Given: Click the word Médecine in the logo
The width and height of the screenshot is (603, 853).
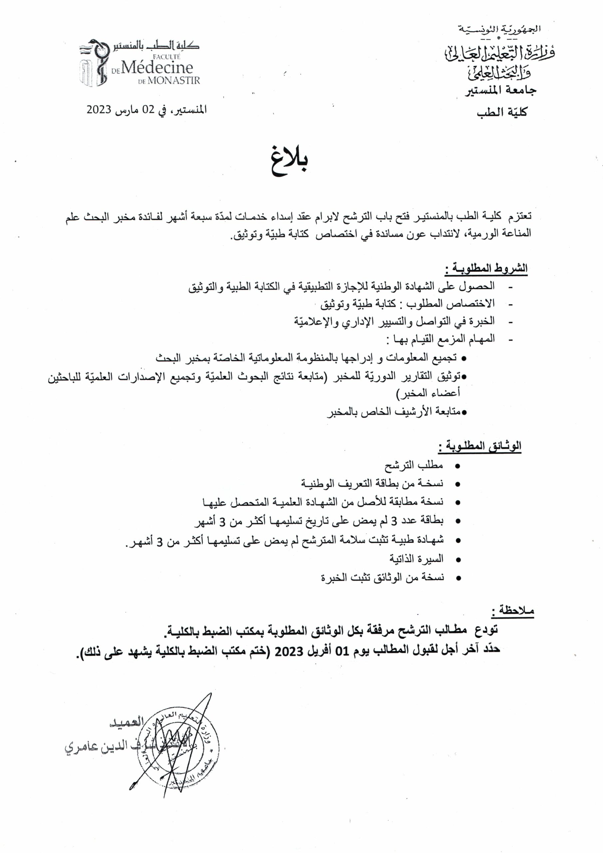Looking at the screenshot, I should tap(157, 68).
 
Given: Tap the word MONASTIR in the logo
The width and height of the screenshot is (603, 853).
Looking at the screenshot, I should tap(174, 81).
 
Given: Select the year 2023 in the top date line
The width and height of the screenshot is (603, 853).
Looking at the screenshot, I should tap(99, 110).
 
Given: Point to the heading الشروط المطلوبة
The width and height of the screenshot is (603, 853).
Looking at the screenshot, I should tap(486, 269).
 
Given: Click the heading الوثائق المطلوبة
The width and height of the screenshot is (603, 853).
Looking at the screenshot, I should tap(480, 446).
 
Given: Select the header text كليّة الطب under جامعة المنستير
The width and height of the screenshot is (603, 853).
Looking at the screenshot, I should tap(502, 112).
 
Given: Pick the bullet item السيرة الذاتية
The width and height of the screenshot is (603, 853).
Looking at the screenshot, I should tap(416, 559).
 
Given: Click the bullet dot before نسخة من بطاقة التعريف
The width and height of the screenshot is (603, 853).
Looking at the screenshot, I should tap(457, 484).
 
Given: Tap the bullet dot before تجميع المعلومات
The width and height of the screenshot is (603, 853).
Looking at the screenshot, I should tap(463, 359).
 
